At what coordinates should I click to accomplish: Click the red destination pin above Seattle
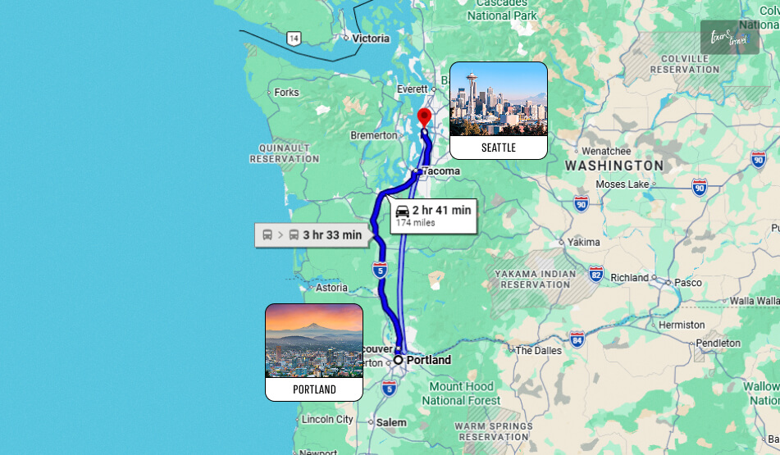click(423, 116)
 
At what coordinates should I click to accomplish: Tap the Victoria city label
click(371, 38)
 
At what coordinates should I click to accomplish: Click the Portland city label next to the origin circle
click(429, 360)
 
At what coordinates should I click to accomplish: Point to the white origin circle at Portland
click(399, 360)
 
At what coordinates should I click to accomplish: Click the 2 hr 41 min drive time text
click(441, 210)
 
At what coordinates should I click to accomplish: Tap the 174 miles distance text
click(415, 223)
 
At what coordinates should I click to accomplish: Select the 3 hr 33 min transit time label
click(331, 235)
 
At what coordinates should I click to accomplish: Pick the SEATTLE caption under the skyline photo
click(499, 148)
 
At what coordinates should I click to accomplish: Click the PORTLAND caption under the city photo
click(314, 389)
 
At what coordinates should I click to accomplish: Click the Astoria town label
click(331, 288)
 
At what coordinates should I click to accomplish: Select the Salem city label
click(391, 422)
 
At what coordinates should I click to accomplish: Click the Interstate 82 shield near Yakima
click(595, 274)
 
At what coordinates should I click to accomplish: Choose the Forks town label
click(286, 93)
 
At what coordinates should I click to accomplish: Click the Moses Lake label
click(623, 184)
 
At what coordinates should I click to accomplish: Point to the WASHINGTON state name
click(614, 166)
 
